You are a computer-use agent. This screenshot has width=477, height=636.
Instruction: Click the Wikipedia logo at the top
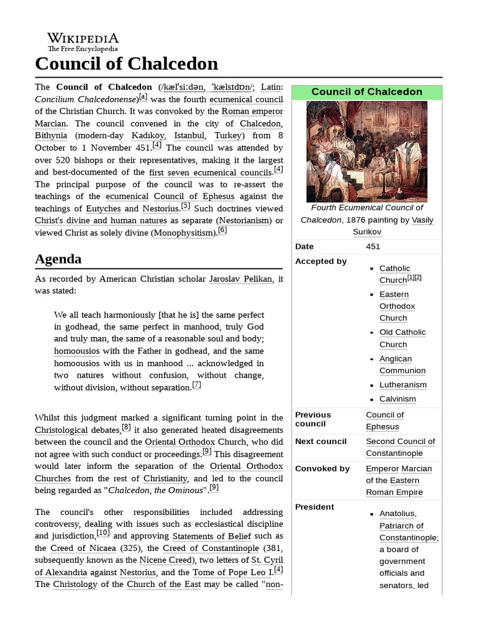coord(83,42)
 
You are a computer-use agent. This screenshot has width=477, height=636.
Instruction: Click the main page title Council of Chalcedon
coord(127,64)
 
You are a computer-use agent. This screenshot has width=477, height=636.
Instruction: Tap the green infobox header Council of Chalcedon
coord(366,92)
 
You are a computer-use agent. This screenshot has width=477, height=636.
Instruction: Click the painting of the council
coord(366,152)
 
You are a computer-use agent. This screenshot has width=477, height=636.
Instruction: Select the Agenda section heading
coord(58,258)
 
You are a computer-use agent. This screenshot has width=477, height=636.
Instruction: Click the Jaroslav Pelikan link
coord(240,279)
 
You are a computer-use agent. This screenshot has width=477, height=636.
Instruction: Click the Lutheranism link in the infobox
coord(402,385)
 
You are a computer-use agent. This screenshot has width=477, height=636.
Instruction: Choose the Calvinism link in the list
coord(397,399)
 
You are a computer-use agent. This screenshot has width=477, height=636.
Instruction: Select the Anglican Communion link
coord(402,365)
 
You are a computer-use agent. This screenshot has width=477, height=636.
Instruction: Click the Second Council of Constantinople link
coord(400,447)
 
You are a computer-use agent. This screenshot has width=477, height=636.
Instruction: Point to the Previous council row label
coord(313,419)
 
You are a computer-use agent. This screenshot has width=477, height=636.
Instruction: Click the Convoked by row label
coord(322,468)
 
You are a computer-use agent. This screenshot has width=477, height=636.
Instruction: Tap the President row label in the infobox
coord(314,507)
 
